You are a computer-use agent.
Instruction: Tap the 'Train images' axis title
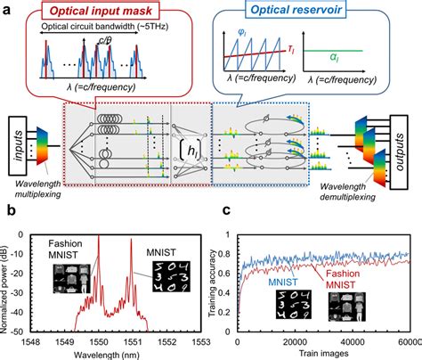pos(329,353)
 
